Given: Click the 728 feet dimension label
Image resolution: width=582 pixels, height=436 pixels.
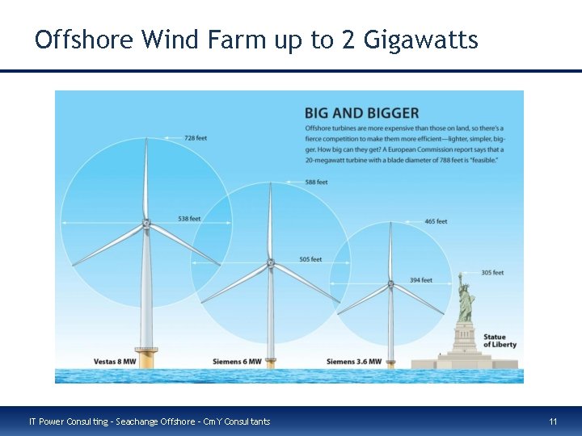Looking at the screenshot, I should coord(196,138).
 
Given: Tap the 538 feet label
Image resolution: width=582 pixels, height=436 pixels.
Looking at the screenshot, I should coord(189,219).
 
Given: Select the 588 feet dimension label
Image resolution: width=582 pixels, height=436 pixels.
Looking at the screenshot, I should coord(316,182).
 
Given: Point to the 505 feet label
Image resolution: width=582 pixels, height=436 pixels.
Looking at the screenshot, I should coord(310,259).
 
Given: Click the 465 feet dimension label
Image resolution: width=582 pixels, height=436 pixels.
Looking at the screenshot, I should coord(436,221).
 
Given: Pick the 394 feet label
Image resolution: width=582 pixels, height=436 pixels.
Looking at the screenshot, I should coord(420,280).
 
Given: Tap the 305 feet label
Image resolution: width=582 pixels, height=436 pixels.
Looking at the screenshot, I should coord(492,273).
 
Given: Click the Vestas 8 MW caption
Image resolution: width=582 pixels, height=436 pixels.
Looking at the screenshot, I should coord(114,361).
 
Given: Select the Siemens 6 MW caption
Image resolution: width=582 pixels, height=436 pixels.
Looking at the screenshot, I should coord(237,361).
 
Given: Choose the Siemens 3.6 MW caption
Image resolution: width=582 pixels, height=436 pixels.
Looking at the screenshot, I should coord(354,361).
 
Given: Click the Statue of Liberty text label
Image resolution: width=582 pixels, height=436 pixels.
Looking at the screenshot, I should coord(500,341).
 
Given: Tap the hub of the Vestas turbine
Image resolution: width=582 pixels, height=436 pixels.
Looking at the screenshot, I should coord(145,224).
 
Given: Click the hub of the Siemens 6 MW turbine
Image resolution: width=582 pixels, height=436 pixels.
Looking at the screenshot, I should coord(270,262).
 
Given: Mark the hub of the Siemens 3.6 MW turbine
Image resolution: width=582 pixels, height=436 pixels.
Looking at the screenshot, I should coord(390,284).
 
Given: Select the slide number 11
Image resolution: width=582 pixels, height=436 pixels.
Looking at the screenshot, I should coord(553,421).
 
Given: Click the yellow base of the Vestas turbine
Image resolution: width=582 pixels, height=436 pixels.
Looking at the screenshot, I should coord(146,356).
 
